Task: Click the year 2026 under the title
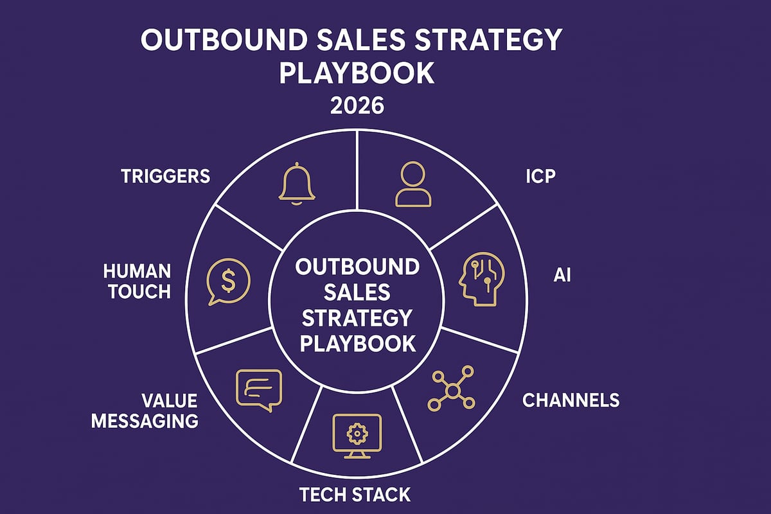357,105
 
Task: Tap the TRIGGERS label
165,176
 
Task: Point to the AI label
562,276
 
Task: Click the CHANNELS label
571,400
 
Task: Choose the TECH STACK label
355,494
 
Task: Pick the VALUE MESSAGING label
145,411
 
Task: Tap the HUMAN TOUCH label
139,281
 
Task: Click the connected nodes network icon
451,389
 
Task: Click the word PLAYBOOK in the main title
357,73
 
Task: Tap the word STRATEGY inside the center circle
357,317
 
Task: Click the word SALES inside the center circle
357,292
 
